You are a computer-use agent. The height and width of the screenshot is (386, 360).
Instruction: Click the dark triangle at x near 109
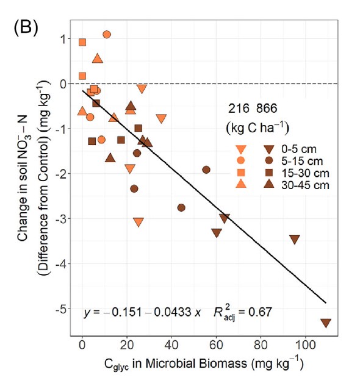tap(325, 323)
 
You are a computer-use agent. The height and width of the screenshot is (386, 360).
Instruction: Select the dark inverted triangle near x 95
tap(295, 239)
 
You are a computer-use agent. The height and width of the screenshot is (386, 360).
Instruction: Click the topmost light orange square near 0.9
tap(82, 42)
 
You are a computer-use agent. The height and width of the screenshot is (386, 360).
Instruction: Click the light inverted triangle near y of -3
tap(138, 221)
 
